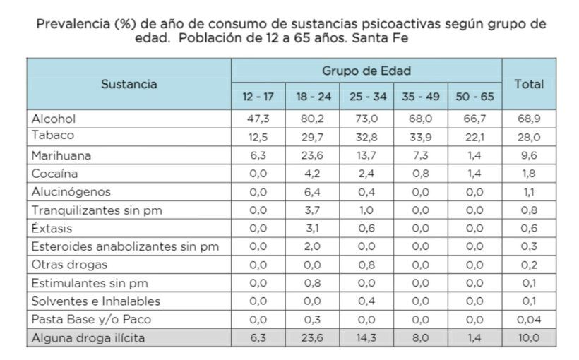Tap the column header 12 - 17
click(257, 95)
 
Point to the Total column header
click(529, 83)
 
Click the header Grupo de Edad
click(366, 71)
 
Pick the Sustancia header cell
click(129, 83)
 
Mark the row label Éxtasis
click(52, 228)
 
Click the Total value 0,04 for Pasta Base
click(529, 320)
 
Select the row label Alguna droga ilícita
click(88, 338)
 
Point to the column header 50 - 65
click(475, 95)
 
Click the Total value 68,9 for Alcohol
click(529, 118)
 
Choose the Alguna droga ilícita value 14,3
click(366, 338)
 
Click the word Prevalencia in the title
click(69, 24)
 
